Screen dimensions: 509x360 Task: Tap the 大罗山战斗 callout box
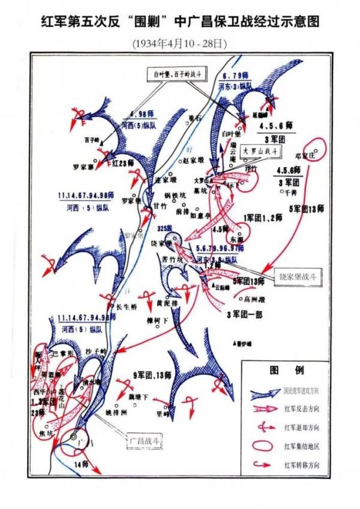click(x=260, y=152)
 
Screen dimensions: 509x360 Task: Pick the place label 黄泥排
click(x=166, y=304)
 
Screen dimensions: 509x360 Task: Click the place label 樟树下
click(x=157, y=323)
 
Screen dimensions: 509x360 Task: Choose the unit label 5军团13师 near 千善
click(x=307, y=209)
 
